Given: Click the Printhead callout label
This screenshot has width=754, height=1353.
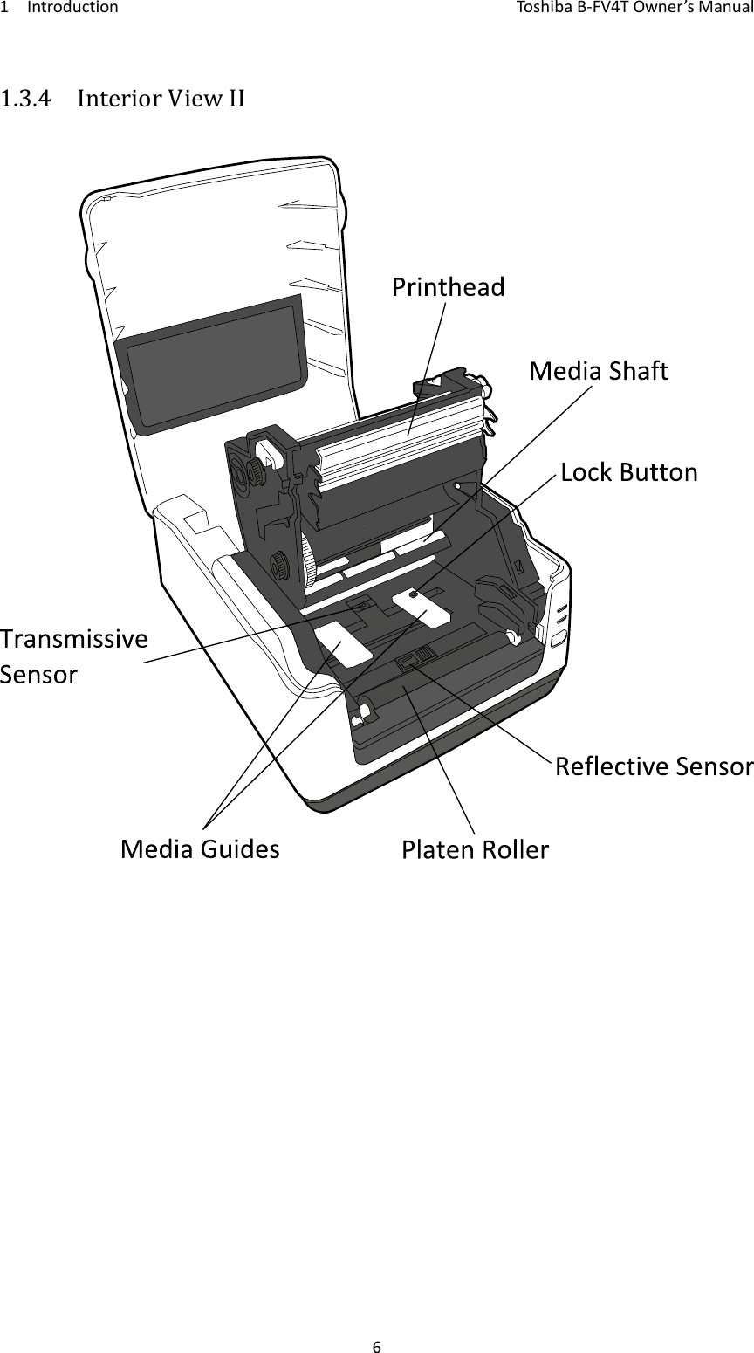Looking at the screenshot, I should coord(448,287).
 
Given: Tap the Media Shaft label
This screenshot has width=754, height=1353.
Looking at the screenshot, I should coord(599,372).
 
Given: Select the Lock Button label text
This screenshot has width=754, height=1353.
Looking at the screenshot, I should coord(628,473).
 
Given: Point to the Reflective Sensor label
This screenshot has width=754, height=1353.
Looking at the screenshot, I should coord(654,767).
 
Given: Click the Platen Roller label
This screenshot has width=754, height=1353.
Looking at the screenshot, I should coord(475,849).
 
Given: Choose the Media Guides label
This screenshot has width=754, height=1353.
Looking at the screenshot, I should coord(200,848).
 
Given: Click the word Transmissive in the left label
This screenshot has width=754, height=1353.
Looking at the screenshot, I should coord(73,639).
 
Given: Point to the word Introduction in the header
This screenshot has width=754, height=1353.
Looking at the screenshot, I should coord(73,9).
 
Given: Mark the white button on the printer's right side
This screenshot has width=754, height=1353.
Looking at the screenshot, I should coord(556,638).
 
